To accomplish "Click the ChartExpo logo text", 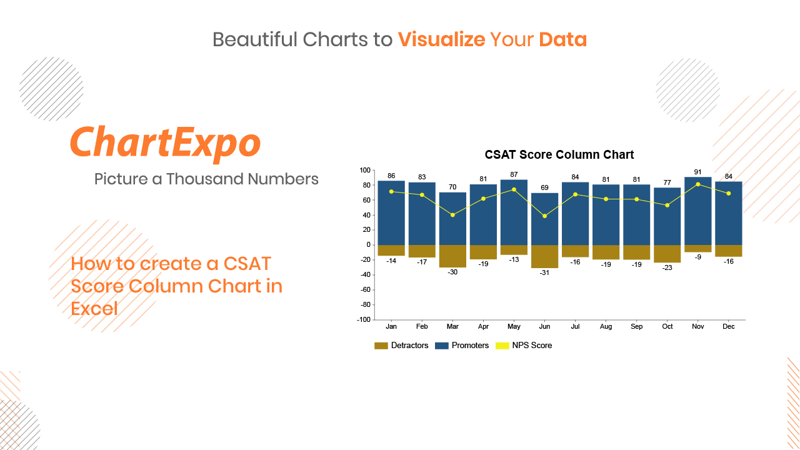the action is (166, 143).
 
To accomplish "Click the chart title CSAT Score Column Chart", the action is (559, 154).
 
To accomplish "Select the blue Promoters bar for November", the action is (698, 211).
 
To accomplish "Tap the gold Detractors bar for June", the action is (544, 256).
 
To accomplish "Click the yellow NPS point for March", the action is (452, 215).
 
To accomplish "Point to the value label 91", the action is (697, 172).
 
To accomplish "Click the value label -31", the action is (544, 273).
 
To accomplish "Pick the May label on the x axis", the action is (514, 326).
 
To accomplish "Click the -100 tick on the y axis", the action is (364, 319).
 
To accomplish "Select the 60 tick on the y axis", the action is (366, 200).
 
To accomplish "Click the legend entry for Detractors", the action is (401, 346).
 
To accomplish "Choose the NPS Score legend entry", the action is (524, 346).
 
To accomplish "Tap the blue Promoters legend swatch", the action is (442, 346).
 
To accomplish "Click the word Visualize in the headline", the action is (441, 39).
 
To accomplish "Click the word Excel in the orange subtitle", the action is (94, 309).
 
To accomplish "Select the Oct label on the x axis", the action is (667, 326).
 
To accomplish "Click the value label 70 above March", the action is (452, 187).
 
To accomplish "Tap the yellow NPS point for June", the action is (544, 216).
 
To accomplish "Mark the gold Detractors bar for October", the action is (667, 254).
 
